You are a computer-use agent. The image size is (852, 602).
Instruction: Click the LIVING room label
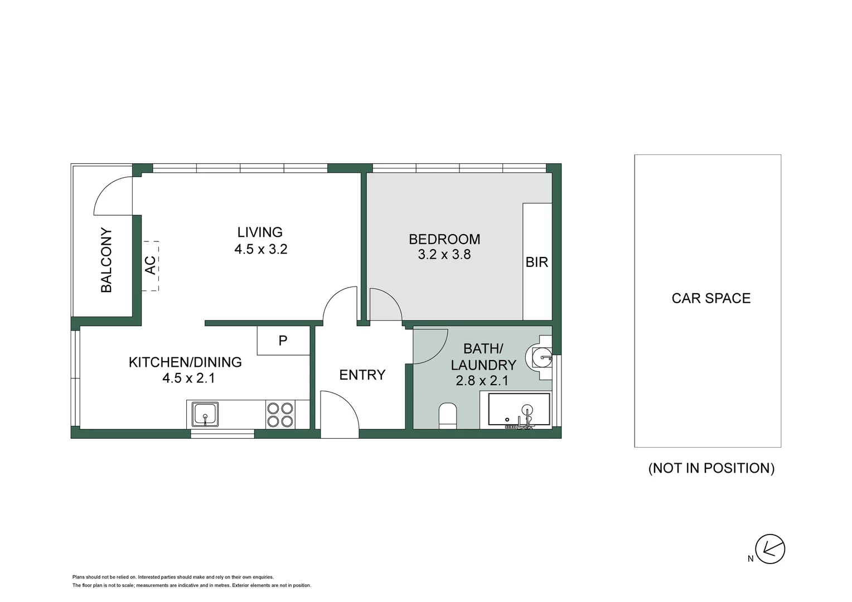[x=260, y=232]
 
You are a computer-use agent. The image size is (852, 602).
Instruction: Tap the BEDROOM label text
[x=444, y=239]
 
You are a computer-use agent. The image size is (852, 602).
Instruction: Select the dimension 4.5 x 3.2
[x=260, y=249]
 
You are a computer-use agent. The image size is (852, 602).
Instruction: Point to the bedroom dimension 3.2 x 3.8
[x=444, y=255]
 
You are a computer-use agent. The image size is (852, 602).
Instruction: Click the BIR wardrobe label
[x=536, y=262]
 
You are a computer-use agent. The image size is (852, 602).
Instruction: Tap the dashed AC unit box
[x=150, y=265]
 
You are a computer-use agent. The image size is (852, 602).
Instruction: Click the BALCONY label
[x=106, y=260]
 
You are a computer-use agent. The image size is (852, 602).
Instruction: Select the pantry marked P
[x=283, y=340]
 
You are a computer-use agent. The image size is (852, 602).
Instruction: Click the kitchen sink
[x=205, y=415]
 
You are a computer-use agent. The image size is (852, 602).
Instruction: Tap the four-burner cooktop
[x=280, y=415]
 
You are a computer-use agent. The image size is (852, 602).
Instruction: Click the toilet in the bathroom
[x=448, y=416]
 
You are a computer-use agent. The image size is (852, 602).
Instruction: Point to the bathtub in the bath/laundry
[x=519, y=411]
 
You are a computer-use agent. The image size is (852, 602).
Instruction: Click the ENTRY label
[x=362, y=375]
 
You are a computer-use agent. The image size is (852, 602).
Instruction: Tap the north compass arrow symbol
[x=770, y=549]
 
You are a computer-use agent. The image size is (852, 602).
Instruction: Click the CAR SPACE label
[x=711, y=298]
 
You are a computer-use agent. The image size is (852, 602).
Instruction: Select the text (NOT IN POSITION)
[x=711, y=468]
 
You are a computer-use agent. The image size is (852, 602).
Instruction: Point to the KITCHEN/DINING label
[x=185, y=362]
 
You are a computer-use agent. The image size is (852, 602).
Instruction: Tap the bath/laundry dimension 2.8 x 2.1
[x=482, y=381]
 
